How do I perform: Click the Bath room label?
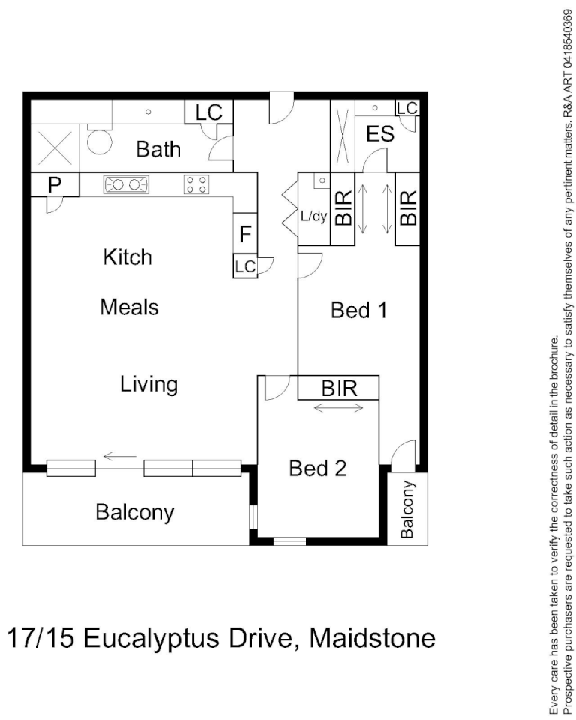coord(158,149)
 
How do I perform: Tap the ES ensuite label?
coord(380,135)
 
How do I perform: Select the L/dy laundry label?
coord(314,217)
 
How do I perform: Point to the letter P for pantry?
coord(54,184)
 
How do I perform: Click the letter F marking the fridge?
coord(245,234)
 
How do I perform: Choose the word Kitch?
coord(127,257)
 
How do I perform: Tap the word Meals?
coord(130,307)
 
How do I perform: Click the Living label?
coord(149,385)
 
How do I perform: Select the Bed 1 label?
coord(359,310)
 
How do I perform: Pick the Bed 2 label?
coord(318,469)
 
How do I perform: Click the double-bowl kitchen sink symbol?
coord(125,184)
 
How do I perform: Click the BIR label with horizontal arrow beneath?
coord(338,388)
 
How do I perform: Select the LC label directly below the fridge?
coord(245,266)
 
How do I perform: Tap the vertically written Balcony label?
coord(407,509)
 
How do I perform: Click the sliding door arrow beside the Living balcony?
coord(119,455)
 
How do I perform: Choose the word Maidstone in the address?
coord(373,638)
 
